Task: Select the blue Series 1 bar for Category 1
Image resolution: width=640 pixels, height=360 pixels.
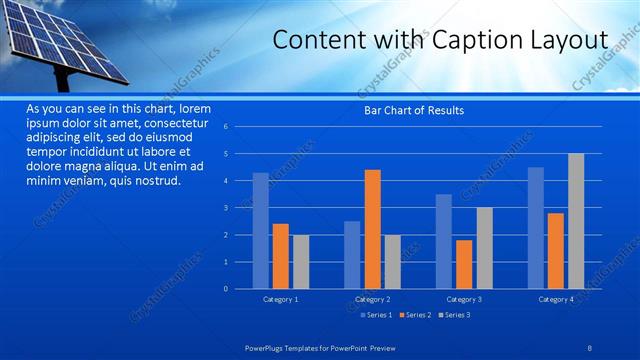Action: [x=260, y=231]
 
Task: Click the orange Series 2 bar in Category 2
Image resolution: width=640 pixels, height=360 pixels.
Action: [x=372, y=229]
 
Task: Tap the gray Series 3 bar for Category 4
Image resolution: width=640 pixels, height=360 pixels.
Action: [x=576, y=221]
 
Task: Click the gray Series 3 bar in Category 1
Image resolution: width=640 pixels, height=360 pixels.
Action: [x=301, y=262]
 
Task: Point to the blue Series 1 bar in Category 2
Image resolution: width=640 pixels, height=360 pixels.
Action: [x=352, y=255]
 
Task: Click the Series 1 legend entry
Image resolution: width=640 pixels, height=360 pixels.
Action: [x=374, y=315]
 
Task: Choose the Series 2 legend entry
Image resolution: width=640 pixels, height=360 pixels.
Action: [x=413, y=315]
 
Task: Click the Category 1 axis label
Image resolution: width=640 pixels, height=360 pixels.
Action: [x=280, y=299]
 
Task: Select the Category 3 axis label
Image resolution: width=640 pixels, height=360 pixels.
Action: [x=464, y=299]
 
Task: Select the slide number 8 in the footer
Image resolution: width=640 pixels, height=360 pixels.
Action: [x=589, y=346]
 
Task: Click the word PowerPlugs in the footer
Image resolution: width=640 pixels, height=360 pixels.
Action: [x=267, y=346]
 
